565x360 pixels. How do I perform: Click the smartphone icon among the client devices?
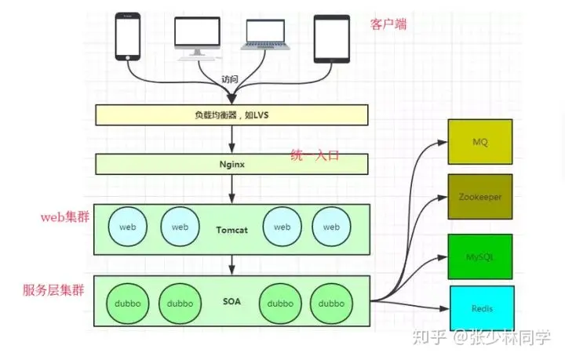pyautogui.click(x=127, y=36)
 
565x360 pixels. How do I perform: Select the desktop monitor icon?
pyautogui.click(x=197, y=37)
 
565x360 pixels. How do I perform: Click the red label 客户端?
pyautogui.click(x=388, y=24)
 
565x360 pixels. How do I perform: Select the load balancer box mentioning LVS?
pyautogui.click(x=231, y=115)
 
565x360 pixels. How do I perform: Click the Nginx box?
pyautogui.click(x=231, y=164)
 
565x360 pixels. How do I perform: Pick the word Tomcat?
pyautogui.click(x=231, y=229)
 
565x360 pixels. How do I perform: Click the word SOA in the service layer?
pyautogui.click(x=231, y=300)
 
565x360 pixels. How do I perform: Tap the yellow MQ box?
pyautogui.click(x=480, y=142)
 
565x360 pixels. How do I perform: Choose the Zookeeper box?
pyautogui.click(x=480, y=198)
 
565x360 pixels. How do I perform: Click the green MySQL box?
pyautogui.click(x=480, y=256)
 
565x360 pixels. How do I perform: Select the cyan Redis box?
pyautogui.click(x=481, y=308)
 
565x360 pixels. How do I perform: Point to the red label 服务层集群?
pyautogui.click(x=54, y=289)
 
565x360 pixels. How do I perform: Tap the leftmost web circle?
pyautogui.click(x=128, y=227)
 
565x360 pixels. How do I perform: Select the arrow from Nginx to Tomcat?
pyautogui.click(x=231, y=188)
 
